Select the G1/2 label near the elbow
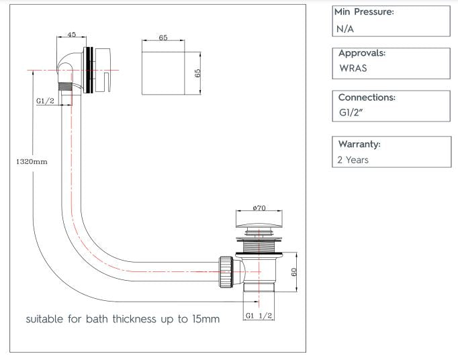point(45,101)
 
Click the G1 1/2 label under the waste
point(259,315)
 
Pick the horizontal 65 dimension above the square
point(163,38)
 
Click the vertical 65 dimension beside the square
point(198,71)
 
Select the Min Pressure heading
point(363,12)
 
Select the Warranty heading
point(359,144)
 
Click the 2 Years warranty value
point(354,160)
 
